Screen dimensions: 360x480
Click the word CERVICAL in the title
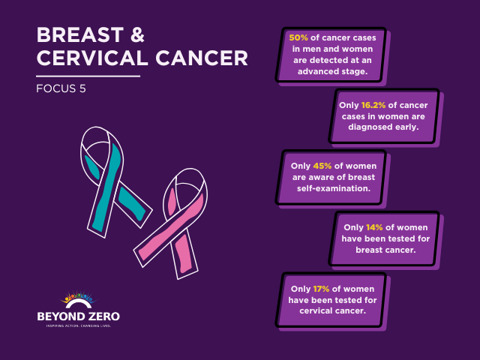[x=88, y=58]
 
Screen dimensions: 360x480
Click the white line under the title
[x=88, y=75]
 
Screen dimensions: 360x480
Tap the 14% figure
[x=376, y=226]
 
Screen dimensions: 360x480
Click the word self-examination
[x=331, y=188]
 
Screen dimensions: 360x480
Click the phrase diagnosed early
[x=383, y=127]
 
